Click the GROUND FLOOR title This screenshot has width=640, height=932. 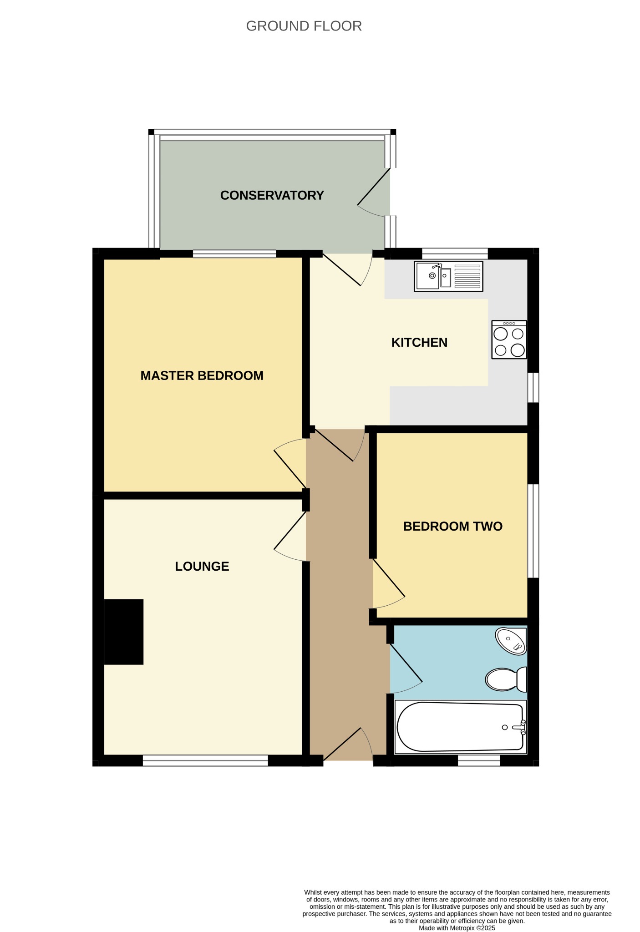click(x=304, y=26)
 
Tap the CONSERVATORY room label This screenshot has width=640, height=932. click(x=272, y=195)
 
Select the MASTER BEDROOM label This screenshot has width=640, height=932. click(x=202, y=375)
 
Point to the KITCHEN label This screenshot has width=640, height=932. click(x=419, y=342)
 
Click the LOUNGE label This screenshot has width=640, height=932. click(x=202, y=566)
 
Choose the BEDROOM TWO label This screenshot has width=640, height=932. click(x=453, y=526)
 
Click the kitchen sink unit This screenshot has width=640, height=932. click(x=448, y=276)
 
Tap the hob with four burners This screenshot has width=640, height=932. click(x=509, y=339)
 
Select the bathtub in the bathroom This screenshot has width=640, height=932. click(x=460, y=727)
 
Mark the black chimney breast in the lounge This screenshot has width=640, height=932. click(x=124, y=632)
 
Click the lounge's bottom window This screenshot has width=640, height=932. click(x=205, y=760)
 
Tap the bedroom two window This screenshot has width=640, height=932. click(x=533, y=531)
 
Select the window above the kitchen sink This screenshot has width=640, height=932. click(x=455, y=253)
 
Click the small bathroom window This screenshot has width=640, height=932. click(x=479, y=760)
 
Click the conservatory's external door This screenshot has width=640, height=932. click(x=374, y=192)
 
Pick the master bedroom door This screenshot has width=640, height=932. click(x=290, y=463)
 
